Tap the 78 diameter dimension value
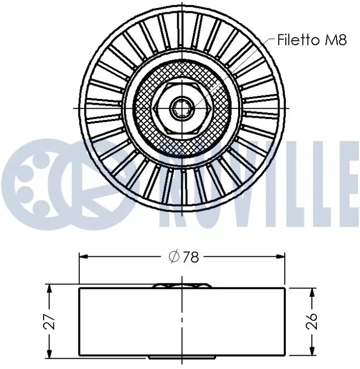[190, 257]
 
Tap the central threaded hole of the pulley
[182, 109]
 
